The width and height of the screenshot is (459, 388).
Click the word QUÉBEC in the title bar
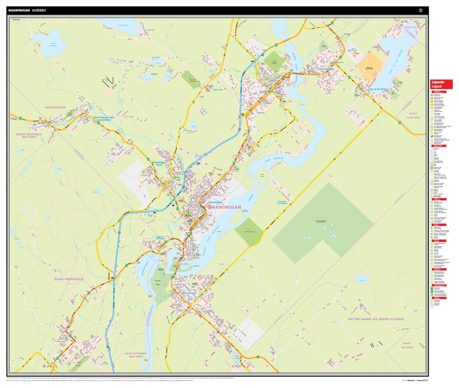coord(39,10)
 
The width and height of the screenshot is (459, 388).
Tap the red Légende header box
coord(442,84)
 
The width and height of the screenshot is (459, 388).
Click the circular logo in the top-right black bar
coord(421,10)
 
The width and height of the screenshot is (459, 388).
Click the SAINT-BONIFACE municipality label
coord(69,279)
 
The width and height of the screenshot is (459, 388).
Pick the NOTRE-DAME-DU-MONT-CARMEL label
coord(376,319)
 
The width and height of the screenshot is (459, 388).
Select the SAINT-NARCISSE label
coord(413,115)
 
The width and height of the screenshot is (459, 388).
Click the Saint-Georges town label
coord(326,69)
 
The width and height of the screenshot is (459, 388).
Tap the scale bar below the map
coord(415,380)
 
